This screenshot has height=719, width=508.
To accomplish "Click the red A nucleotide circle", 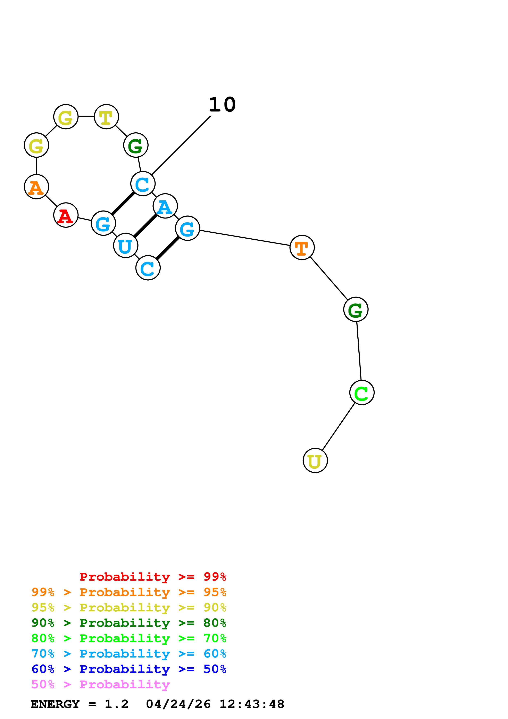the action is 66,215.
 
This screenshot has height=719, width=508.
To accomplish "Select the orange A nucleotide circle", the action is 36,187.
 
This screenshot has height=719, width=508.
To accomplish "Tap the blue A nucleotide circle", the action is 165,206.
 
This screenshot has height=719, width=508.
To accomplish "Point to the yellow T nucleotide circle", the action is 106,116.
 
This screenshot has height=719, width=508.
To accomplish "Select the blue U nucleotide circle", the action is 125,246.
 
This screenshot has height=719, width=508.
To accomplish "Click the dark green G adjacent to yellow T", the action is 136,145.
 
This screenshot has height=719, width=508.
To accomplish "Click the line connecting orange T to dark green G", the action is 329,278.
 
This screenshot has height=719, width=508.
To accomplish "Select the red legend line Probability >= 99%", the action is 153,577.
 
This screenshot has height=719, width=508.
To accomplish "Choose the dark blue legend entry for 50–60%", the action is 129,669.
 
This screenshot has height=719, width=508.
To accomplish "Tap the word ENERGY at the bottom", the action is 55,704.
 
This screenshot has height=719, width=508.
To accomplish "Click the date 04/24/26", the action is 178,704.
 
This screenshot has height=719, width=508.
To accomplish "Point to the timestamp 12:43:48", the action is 252,704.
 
